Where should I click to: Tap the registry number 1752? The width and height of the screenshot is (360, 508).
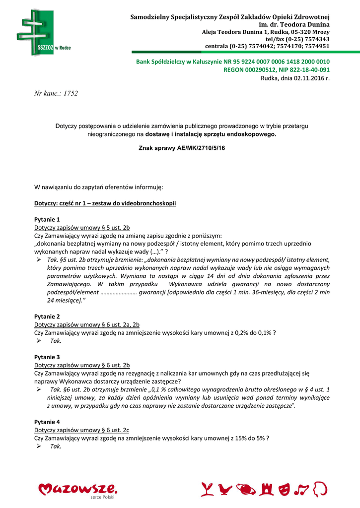pos(71,93)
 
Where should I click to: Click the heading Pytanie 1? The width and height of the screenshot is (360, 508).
pos(47,219)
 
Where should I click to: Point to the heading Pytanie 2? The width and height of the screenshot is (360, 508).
pos(47,317)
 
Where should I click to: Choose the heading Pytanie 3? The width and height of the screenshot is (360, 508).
pos(47,357)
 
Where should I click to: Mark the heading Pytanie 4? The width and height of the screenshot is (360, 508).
pos(47,422)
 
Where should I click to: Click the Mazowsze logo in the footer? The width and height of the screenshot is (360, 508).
pos(78,490)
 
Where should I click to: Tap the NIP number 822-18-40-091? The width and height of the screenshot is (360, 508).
pos(311,70)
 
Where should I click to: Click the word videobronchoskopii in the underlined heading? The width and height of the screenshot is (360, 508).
pos(150,204)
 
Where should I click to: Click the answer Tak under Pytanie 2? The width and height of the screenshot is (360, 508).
pos(55,341)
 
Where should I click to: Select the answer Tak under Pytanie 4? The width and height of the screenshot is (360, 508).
pos(55,446)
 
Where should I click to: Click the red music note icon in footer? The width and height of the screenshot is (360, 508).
pos(301,489)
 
